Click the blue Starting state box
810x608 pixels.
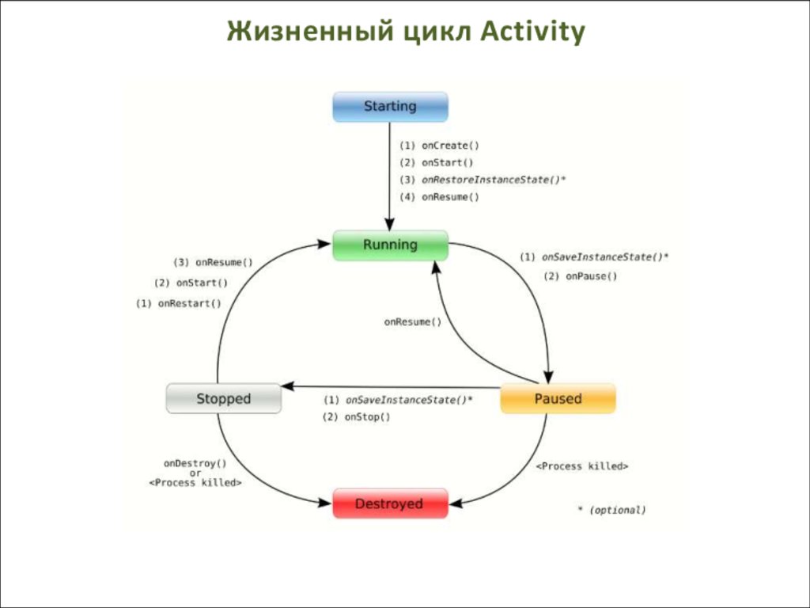pyautogui.click(x=390, y=106)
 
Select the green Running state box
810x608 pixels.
pyautogui.click(x=390, y=245)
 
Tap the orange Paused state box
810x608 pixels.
pyautogui.click(x=558, y=398)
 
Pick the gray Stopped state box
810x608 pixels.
pyautogui.click(x=223, y=398)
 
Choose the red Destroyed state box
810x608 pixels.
pyautogui.click(x=390, y=503)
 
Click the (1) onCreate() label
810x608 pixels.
pyautogui.click(x=439, y=146)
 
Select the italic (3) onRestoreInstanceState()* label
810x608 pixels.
pyautogui.click(x=483, y=180)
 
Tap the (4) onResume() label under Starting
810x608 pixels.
pyautogui.click(x=439, y=197)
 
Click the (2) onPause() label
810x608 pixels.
pyautogui.click(x=581, y=276)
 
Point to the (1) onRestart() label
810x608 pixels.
pyautogui.click(x=179, y=303)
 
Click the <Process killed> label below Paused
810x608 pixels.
pyautogui.click(x=582, y=466)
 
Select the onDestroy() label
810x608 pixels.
pyautogui.click(x=195, y=463)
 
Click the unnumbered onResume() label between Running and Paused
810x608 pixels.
pyautogui.click(x=413, y=322)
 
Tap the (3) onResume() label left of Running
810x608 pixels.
pyautogui.click(x=213, y=263)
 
